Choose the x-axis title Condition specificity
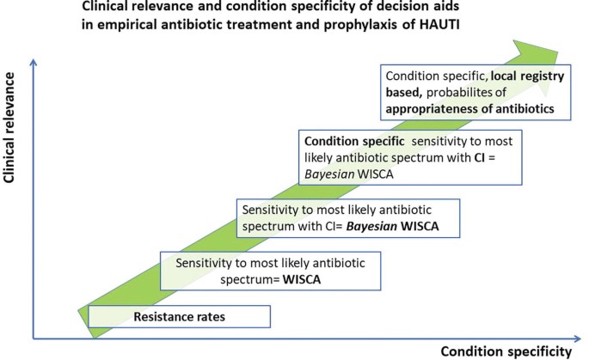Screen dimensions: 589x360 coord(506,351)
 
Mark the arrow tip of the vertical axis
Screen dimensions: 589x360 coord(32,58)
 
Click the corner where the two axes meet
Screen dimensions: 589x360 coord(32,338)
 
